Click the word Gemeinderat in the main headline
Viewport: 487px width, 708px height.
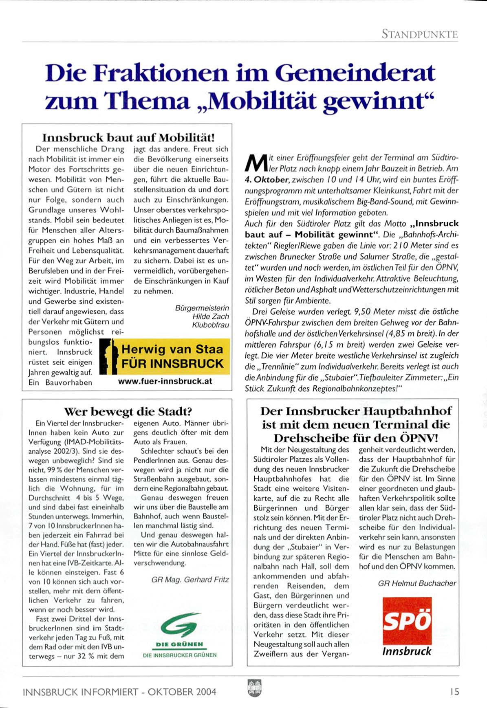pyautogui.click(x=355, y=73)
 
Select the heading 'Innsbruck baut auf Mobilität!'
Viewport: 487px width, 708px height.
pyautogui.click(x=128, y=137)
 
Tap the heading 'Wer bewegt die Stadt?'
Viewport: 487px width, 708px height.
pyautogui.click(x=128, y=411)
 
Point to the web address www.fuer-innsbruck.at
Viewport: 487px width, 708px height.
pyautogui.click(x=165, y=382)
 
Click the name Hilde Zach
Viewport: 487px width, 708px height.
pyautogui.click(x=211, y=316)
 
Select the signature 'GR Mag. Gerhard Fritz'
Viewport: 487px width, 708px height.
pyautogui.click(x=190, y=579)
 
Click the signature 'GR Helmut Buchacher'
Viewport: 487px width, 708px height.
pyautogui.click(x=417, y=583)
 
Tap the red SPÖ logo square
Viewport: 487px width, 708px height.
pyautogui.click(x=407, y=620)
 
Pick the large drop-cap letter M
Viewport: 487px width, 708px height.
pyautogui.click(x=254, y=163)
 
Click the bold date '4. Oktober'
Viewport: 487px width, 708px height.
pyautogui.click(x=267, y=179)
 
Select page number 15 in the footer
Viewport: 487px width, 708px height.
pyautogui.click(x=454, y=692)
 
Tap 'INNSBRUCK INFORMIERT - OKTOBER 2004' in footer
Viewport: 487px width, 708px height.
pyautogui.click(x=119, y=692)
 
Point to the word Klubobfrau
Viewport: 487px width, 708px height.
pyautogui.click(x=210, y=325)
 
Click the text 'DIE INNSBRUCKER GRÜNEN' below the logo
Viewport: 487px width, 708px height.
pyautogui.click(x=180, y=655)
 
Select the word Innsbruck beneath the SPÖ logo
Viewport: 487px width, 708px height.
pyautogui.click(x=406, y=651)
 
